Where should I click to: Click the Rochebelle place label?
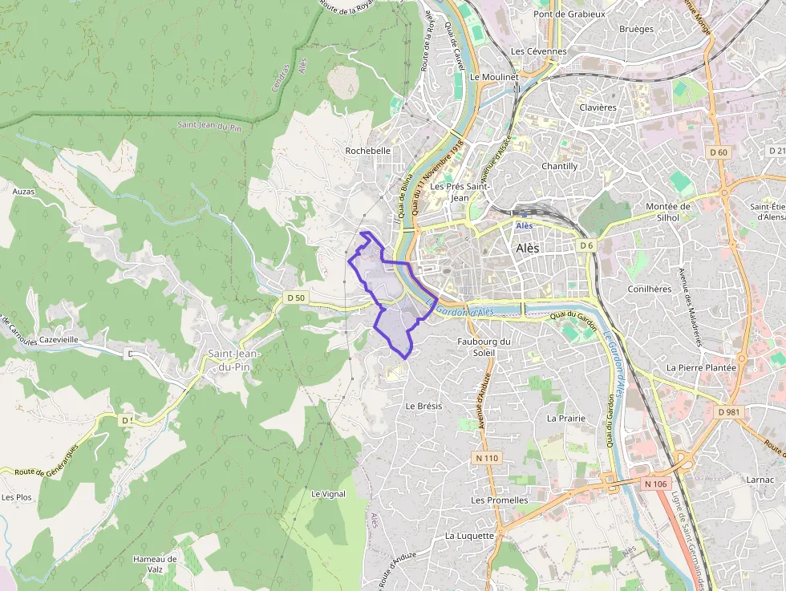tap(367, 151)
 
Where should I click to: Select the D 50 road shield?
tap(296, 298)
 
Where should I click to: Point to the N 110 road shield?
tap(485, 458)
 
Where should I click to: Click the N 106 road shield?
tap(654, 484)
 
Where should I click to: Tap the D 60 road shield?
tap(719, 152)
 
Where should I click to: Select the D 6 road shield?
tap(586, 245)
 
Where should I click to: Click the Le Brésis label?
tap(423, 406)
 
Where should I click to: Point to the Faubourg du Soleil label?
tap(483, 346)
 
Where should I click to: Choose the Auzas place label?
tap(24, 192)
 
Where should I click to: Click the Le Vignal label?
tap(328, 494)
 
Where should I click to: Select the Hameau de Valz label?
tap(155, 564)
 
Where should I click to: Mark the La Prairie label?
tap(565, 418)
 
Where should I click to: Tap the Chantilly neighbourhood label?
tap(560, 166)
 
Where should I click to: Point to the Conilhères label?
tap(649, 289)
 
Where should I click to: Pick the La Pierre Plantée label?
tap(701, 367)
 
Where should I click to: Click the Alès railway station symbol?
tap(525, 215)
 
